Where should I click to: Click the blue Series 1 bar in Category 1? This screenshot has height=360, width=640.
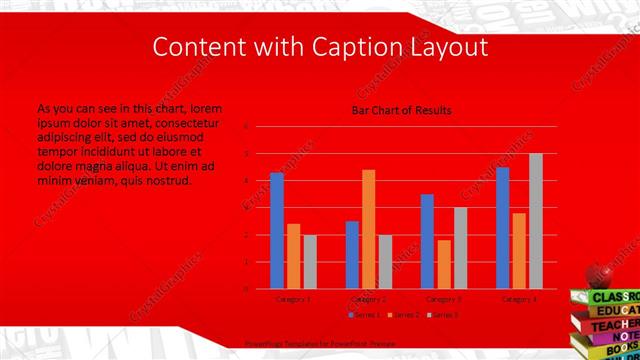point(277,230)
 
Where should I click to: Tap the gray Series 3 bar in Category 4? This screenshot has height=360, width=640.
point(536,221)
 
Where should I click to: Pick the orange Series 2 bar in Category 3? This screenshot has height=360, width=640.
point(444,264)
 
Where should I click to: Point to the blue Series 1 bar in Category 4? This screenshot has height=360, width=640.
point(503,227)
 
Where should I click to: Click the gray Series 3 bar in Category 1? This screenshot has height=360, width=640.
point(310,261)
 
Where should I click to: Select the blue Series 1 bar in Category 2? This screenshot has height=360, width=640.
point(352,254)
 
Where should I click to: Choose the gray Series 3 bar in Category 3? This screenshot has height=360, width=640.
point(461,247)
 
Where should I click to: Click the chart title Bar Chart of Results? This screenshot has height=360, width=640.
point(401,110)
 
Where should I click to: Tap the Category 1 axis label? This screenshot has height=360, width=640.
point(293,298)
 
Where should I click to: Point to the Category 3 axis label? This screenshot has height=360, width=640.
point(444,298)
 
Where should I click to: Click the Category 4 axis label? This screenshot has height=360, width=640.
point(519,298)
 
